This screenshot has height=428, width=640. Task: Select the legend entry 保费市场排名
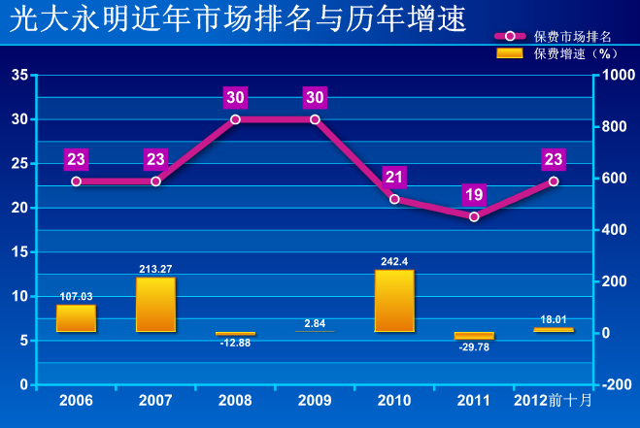pyautogui.click(x=573, y=36)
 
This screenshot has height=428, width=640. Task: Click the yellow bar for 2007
pyautogui.click(x=155, y=305)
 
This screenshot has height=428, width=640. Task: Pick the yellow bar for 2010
pyautogui.click(x=394, y=301)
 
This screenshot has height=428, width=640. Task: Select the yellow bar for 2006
pyautogui.click(x=76, y=318)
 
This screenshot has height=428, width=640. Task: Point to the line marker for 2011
pyautogui.click(x=474, y=216)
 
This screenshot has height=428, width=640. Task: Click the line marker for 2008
pyautogui.click(x=235, y=119)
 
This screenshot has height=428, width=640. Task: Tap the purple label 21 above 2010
pyautogui.click(x=394, y=177)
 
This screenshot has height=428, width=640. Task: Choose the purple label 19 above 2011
pyautogui.click(x=474, y=194)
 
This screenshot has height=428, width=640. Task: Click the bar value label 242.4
pyautogui.click(x=394, y=261)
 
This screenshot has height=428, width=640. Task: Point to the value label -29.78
pyautogui.click(x=474, y=346)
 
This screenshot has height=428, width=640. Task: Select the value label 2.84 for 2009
pyautogui.click(x=315, y=323)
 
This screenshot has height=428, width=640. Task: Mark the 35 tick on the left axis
pyautogui.click(x=19, y=76)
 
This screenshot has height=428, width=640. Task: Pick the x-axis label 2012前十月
pyautogui.click(x=554, y=401)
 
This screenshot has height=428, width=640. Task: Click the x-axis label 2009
pyautogui.click(x=315, y=401)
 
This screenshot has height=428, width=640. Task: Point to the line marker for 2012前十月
pyautogui.click(x=554, y=181)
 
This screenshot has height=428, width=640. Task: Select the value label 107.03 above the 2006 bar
pyautogui.click(x=76, y=296)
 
